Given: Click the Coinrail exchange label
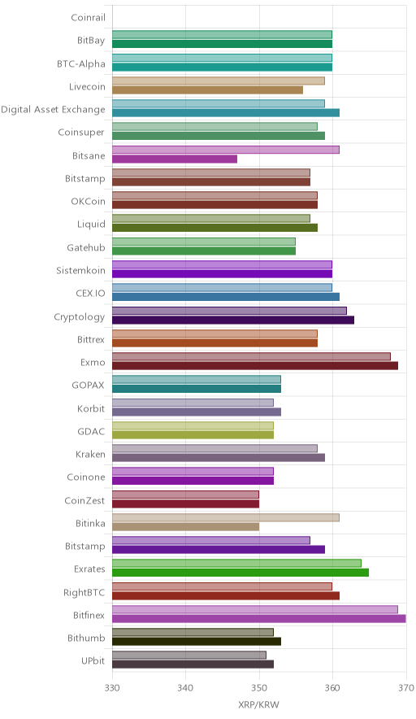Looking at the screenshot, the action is point(88,17).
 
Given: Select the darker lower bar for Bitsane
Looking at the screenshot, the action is point(175,159).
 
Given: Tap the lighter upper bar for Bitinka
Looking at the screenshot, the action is point(226,518).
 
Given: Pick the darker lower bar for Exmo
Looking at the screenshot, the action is point(255,366).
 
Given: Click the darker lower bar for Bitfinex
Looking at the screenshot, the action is point(259,619).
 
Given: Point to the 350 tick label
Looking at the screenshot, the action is point(259,688).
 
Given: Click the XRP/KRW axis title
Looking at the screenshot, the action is point(258,705).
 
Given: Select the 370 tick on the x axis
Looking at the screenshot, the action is point(406,688).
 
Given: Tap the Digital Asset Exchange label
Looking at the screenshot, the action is point(53,110).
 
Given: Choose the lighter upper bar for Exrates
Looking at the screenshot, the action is point(237,563).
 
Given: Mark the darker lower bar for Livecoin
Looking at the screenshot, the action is point(207,89).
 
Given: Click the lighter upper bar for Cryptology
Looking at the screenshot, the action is point(230,311).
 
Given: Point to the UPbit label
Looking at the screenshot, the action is point(93,661).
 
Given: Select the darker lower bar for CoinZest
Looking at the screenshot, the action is point(185,504).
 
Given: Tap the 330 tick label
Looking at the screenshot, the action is point(112,688).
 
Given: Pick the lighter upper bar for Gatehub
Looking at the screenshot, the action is point(204,242).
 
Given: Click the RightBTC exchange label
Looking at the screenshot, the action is point(84,592).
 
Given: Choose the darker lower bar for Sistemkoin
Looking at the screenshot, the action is point(222,274).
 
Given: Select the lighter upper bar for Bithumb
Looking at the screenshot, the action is point(193,632).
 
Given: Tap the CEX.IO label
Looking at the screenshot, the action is point(90,294).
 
